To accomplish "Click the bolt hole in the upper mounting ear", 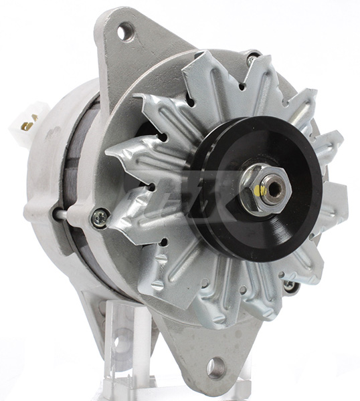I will [125, 31].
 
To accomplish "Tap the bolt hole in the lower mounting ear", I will [215, 367].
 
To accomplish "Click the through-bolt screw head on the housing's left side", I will [99, 215].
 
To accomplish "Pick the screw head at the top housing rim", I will [252, 59].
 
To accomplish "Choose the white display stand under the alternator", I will [124, 348].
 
